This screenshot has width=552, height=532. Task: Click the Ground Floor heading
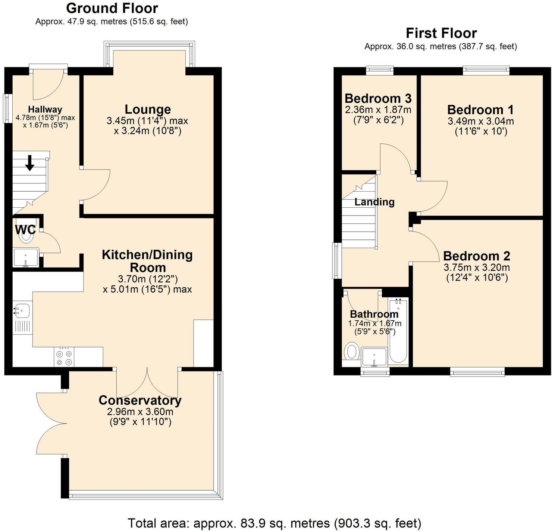112,8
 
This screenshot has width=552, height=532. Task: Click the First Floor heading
441,33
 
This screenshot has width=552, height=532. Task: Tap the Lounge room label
148,109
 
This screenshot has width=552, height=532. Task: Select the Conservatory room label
140,400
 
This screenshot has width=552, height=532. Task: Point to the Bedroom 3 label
378,99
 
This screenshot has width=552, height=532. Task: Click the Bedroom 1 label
480,110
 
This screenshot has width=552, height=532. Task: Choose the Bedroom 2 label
477,256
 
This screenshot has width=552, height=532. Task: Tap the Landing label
374,202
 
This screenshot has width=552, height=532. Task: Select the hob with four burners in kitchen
64,357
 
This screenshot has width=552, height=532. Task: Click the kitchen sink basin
22,310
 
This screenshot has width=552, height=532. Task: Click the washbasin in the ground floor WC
25,257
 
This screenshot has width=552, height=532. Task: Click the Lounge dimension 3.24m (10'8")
148,131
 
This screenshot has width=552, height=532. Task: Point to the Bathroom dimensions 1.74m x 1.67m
374,324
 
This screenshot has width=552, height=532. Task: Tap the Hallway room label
45,109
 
